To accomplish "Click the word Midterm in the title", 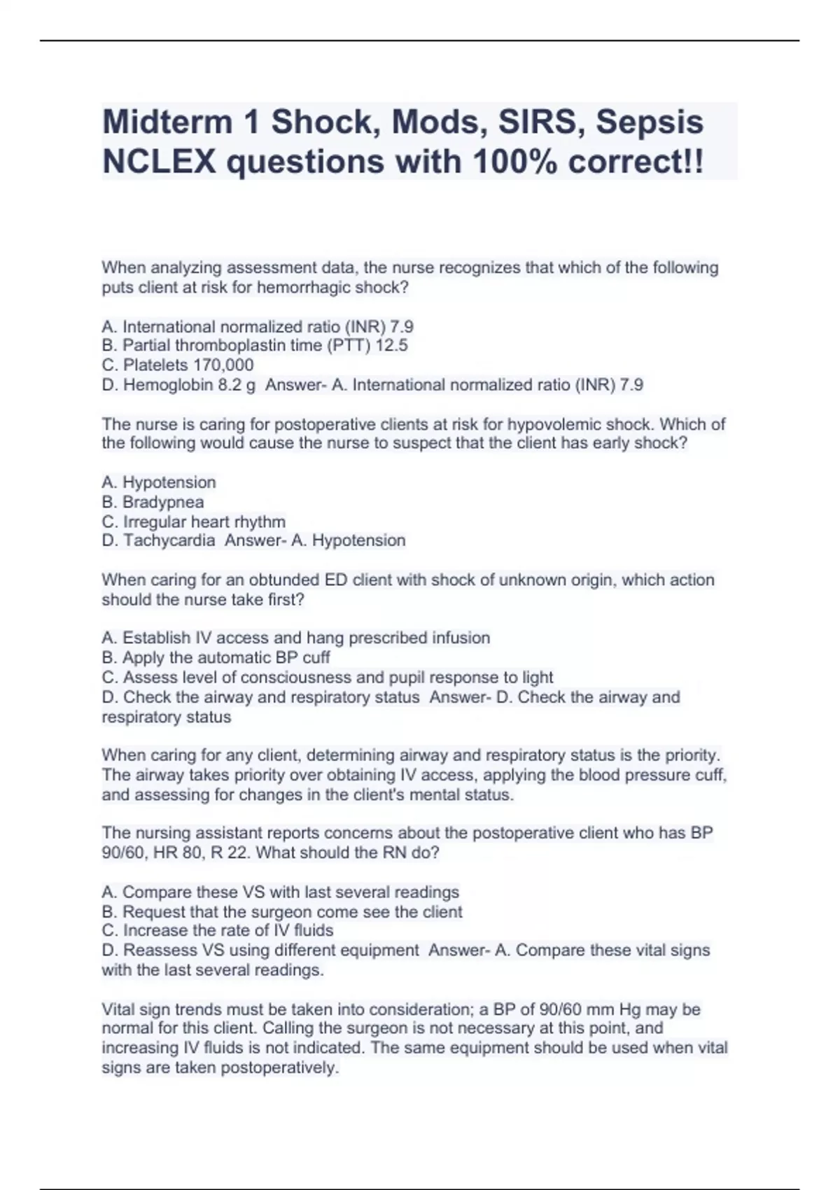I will click(167, 122).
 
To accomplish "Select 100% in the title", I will click(514, 162).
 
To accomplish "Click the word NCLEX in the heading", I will click(160, 162).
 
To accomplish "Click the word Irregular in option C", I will click(155, 521).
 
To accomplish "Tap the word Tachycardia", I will click(169, 540).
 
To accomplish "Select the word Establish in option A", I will click(156, 638).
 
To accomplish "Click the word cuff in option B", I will click(316, 657).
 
